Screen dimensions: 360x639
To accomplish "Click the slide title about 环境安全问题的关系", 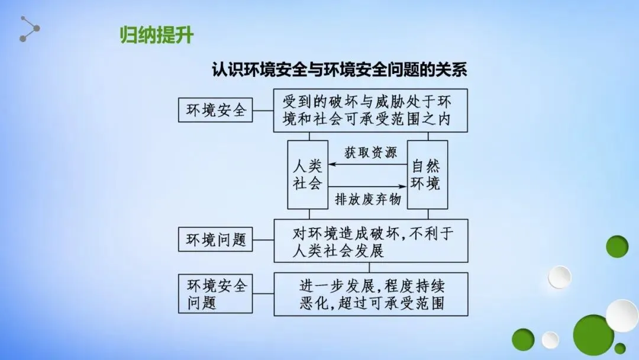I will point(340,70).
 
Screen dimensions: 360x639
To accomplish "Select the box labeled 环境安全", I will point(215,110).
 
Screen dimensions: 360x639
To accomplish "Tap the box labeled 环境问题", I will point(215,240).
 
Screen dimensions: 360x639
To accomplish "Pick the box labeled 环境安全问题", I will point(215,294).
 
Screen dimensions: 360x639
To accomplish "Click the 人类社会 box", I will point(308,174).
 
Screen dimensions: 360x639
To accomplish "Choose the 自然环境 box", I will point(427,174).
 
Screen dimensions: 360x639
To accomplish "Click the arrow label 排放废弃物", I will point(368,200).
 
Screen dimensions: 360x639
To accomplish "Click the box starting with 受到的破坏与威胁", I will point(370,110).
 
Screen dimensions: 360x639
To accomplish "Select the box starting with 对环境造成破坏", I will point(370,240).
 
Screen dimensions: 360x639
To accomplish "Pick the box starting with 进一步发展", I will point(370,294).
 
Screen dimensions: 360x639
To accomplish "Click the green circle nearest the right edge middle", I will point(617,246).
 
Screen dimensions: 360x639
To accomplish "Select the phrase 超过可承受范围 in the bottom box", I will point(395,304).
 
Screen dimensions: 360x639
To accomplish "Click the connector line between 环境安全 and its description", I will point(263,110).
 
